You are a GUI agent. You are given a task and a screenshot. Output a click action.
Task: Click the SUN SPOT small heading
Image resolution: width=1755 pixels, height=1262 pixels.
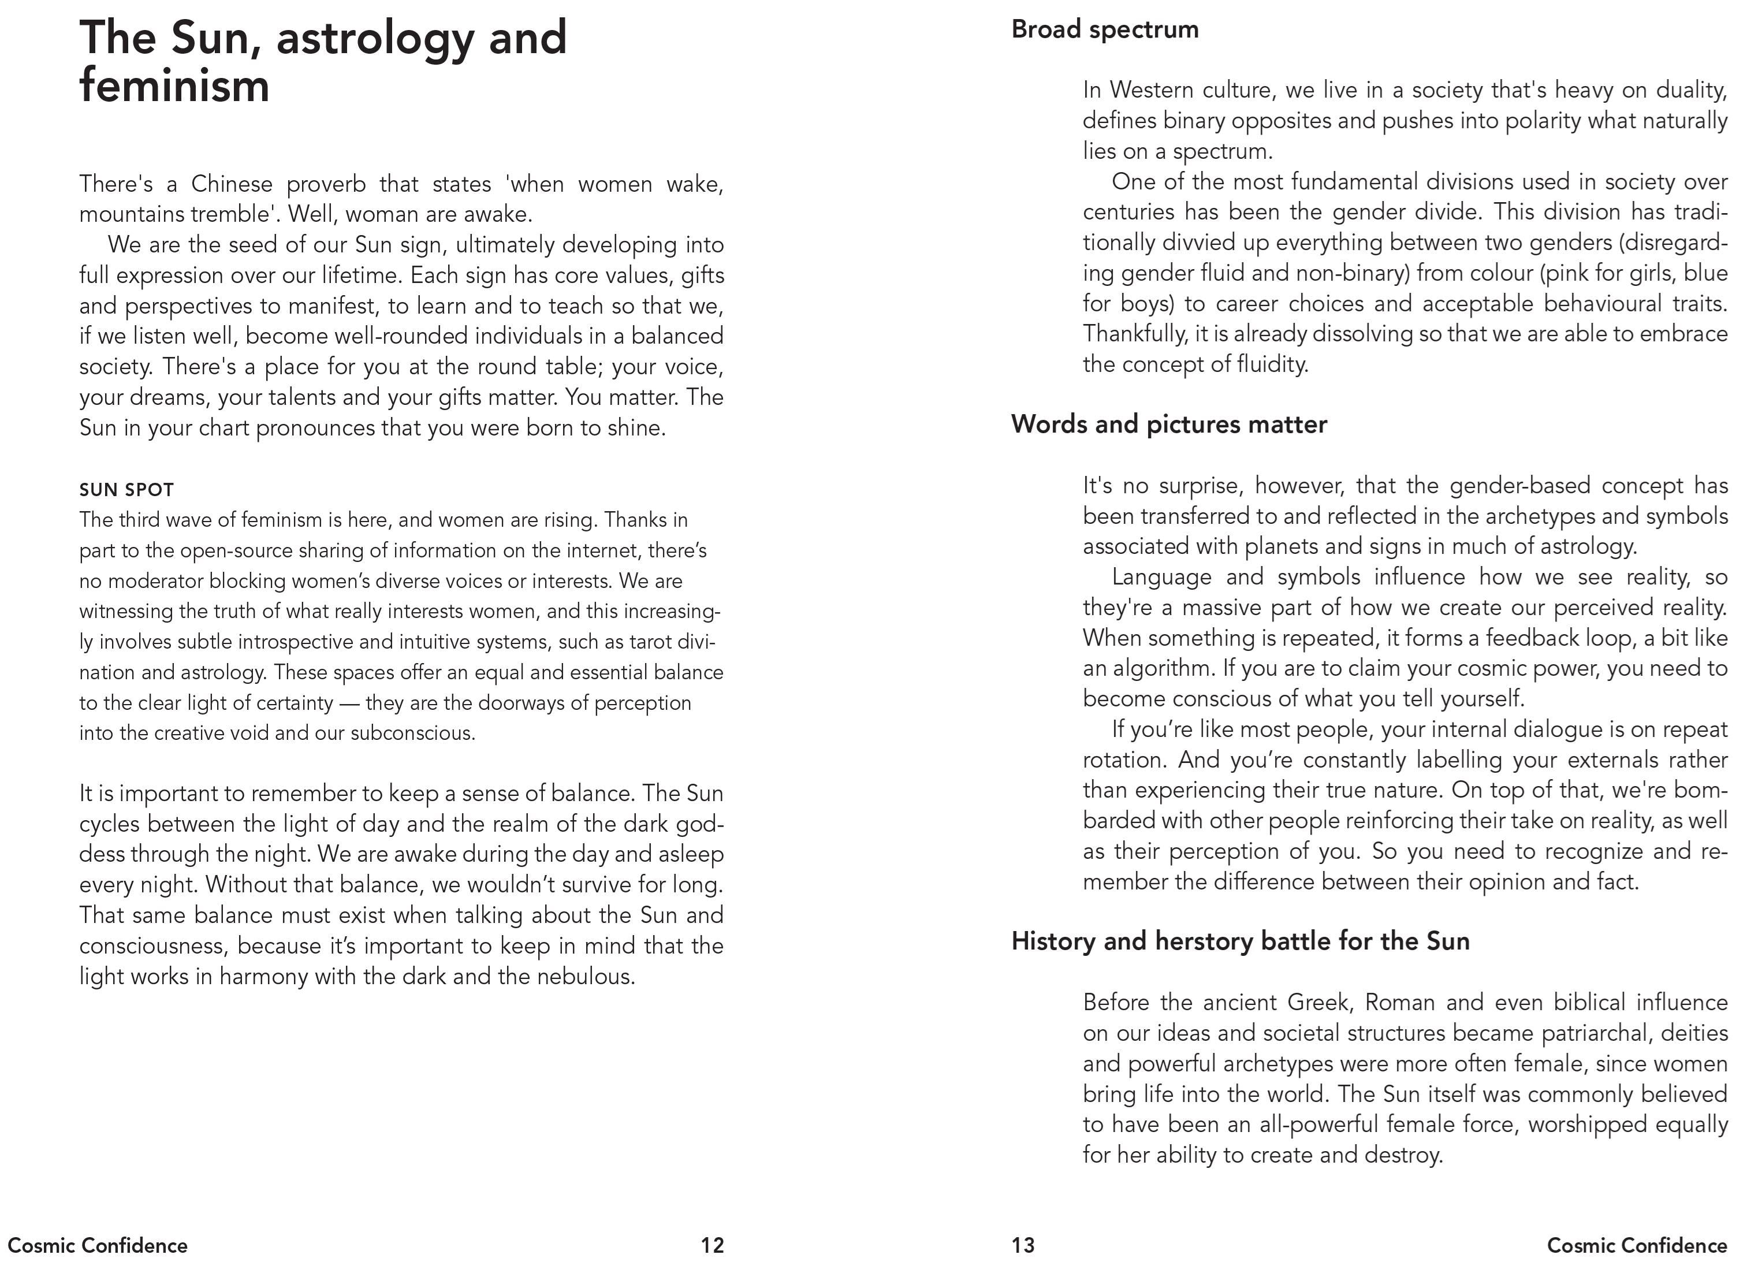(126, 490)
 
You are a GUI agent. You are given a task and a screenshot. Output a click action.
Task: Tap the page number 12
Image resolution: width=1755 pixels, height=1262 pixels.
(712, 1245)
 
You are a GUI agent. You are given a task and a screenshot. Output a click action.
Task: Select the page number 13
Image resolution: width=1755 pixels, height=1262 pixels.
(1022, 1245)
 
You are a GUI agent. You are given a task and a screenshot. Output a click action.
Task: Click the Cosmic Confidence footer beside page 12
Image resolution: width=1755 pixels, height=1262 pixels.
(98, 1245)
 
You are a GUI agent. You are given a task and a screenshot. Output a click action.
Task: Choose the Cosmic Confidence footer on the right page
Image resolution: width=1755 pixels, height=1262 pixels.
(1637, 1245)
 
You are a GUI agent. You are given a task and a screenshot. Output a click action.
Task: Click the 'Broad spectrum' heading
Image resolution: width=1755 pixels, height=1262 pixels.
(1104, 29)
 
